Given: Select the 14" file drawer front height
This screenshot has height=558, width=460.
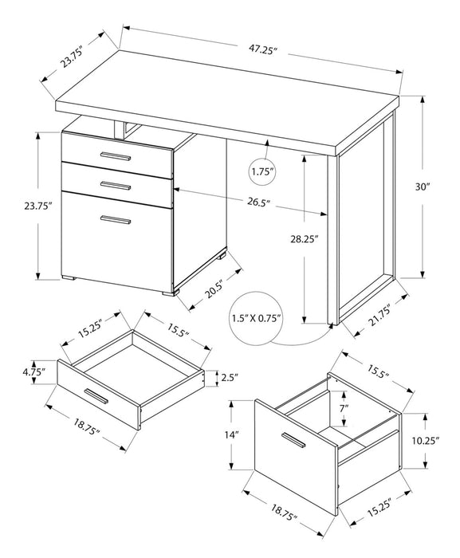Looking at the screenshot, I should pyautogui.click(x=231, y=435).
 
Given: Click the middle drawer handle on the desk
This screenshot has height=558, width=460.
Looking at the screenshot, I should pyautogui.click(x=115, y=185).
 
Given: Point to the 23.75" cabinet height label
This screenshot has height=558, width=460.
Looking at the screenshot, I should pyautogui.click(x=33, y=206).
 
